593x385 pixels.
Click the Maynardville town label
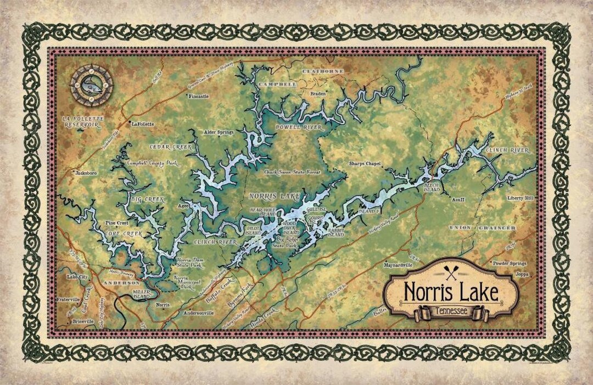coord(398,264)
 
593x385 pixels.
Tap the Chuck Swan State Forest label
coord(292,172)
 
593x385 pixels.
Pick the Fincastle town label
coord(199,96)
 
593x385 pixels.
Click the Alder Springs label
coord(219,132)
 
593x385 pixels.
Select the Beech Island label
coord(432,188)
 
